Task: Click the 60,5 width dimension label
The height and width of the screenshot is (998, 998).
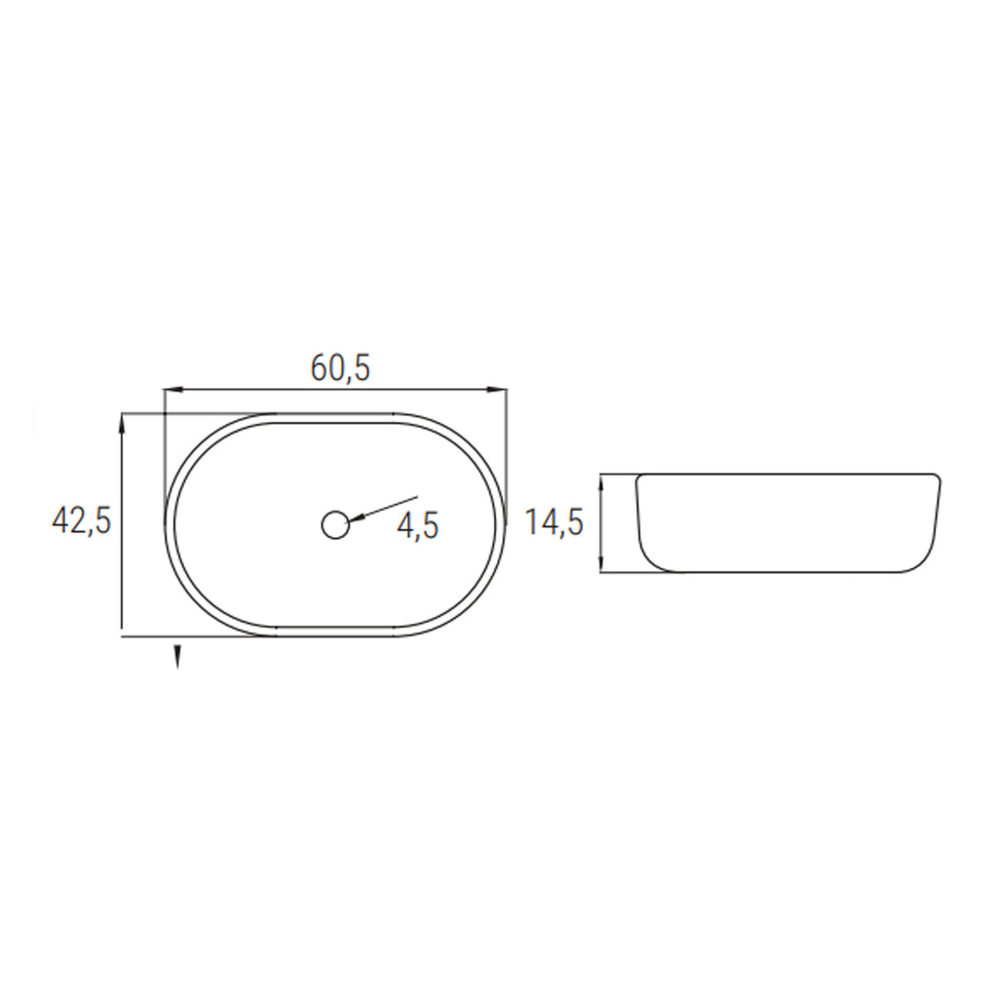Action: click(341, 367)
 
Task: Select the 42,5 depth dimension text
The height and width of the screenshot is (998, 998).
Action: click(81, 520)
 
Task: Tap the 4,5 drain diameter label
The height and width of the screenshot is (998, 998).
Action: click(418, 526)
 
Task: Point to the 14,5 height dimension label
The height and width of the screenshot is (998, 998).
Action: click(554, 522)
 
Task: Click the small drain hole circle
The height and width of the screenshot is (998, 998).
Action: click(334, 525)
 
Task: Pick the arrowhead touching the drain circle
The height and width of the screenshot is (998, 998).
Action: click(356, 518)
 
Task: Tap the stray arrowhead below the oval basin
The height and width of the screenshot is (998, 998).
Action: click(177, 658)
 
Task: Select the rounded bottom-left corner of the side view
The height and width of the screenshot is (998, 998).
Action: click(651, 560)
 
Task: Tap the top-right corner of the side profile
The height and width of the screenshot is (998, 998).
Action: click(937, 477)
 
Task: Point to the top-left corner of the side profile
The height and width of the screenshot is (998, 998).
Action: click(638, 478)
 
